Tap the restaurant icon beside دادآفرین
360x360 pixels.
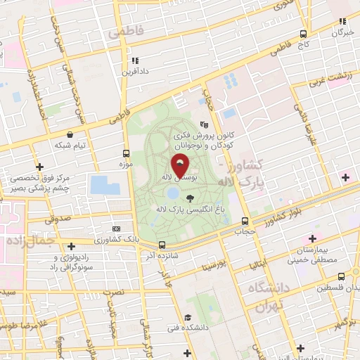134,61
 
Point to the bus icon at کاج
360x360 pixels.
303,34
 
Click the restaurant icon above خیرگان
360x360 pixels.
342,22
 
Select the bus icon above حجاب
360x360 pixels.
245,221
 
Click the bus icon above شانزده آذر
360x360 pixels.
162,245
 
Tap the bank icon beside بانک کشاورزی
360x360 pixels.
116,229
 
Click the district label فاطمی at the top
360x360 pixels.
125,32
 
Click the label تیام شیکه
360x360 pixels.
70,145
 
